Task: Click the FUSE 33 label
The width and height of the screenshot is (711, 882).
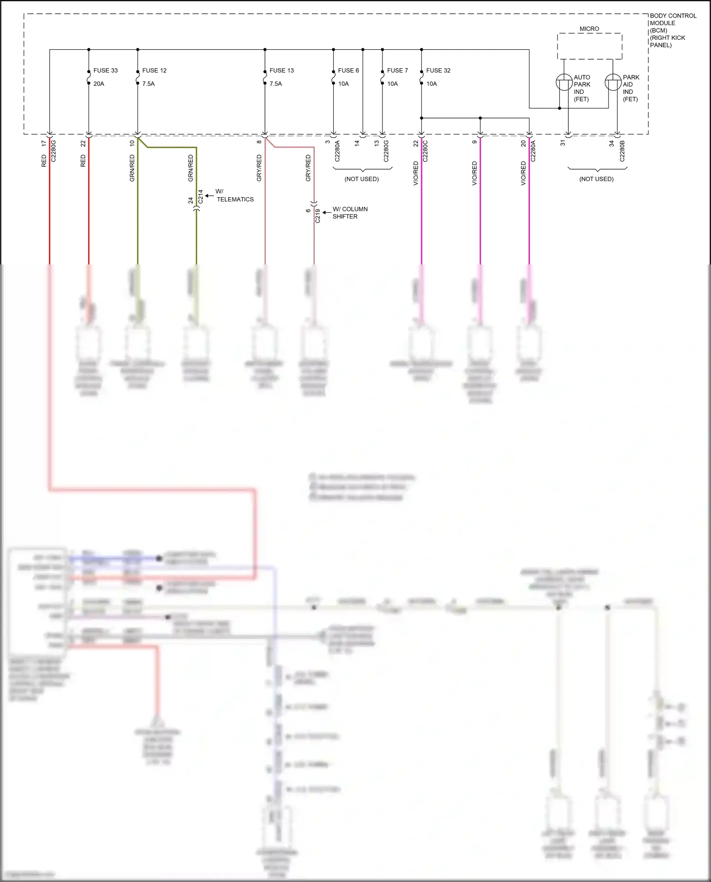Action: coord(105,71)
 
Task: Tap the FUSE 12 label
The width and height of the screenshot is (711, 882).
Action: coord(154,71)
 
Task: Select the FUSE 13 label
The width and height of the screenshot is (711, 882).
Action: coord(282,71)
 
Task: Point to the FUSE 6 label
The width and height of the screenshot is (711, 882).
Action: coord(348,71)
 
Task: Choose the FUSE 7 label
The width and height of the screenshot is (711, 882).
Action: coord(397,71)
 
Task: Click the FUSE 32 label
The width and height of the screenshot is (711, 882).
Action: coord(438,71)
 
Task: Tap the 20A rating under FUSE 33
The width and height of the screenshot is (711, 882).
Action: coord(99,84)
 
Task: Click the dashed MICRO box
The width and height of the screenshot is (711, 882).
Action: coord(589,46)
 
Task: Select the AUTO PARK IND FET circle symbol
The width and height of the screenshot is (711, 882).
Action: coord(564,82)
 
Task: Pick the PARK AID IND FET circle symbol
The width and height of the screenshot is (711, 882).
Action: coord(613,82)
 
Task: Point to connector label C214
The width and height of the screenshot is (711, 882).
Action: coord(201,197)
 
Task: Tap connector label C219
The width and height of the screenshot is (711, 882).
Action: coord(318,216)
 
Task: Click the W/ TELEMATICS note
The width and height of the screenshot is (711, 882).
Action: coord(235,195)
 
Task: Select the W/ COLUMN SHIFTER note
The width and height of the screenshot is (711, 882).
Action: coord(350,213)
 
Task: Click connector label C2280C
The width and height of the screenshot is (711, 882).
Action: coord(425,151)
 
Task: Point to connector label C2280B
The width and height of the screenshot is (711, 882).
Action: coord(622,151)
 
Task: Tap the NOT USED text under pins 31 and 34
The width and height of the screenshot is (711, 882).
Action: coord(596,179)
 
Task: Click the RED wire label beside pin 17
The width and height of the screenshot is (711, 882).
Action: coord(44,161)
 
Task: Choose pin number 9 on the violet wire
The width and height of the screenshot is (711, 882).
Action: coord(474,142)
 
